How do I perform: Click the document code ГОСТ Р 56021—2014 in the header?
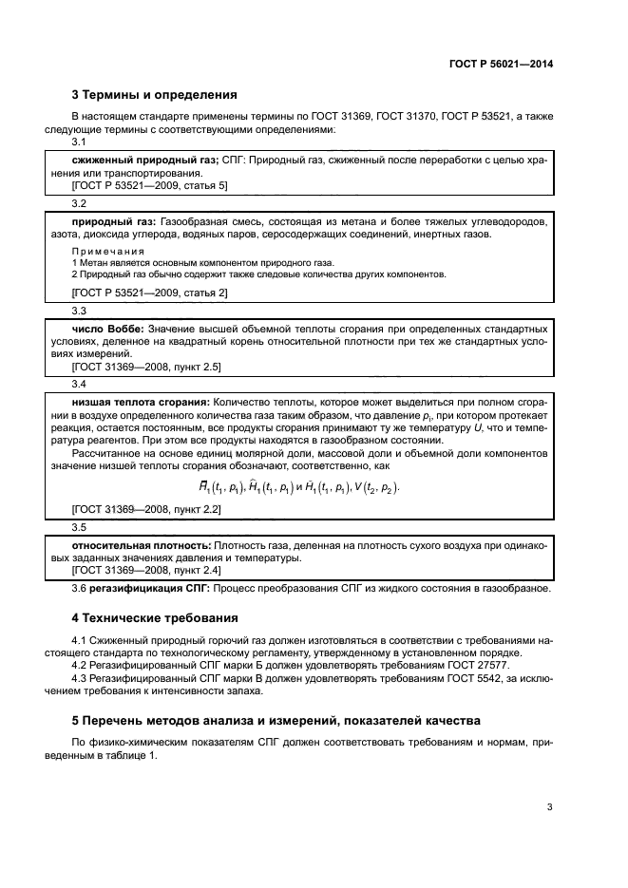pyautogui.click(x=501, y=65)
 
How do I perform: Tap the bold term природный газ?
pyautogui.click(x=112, y=221)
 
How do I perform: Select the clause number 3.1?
pyautogui.click(x=80, y=142)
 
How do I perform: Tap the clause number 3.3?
pyautogui.click(x=80, y=311)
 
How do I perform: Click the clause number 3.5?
pyautogui.click(x=80, y=527)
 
